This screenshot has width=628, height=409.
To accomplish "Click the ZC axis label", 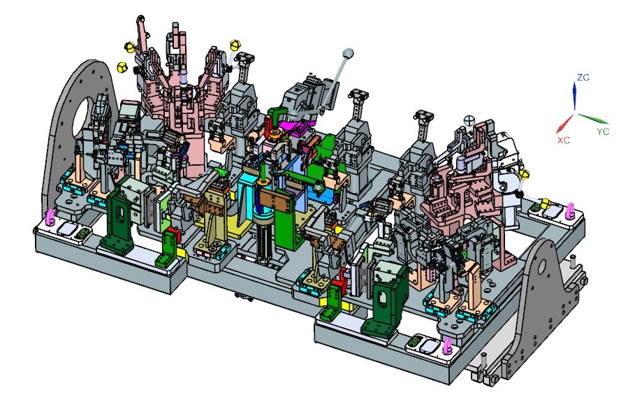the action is [x=583, y=78].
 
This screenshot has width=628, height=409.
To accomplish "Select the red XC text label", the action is [x=563, y=141].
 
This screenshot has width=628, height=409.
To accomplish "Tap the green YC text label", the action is [x=603, y=131].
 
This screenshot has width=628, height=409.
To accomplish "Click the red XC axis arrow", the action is [x=564, y=123].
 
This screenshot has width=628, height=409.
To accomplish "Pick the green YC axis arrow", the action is [x=593, y=119].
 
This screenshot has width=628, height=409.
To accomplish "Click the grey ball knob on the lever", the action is [x=348, y=53].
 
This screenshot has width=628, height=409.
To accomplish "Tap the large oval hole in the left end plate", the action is [x=84, y=118].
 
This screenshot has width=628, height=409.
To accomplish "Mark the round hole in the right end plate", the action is [x=541, y=266].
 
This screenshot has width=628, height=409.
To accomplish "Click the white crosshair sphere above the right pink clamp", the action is [x=469, y=120].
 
